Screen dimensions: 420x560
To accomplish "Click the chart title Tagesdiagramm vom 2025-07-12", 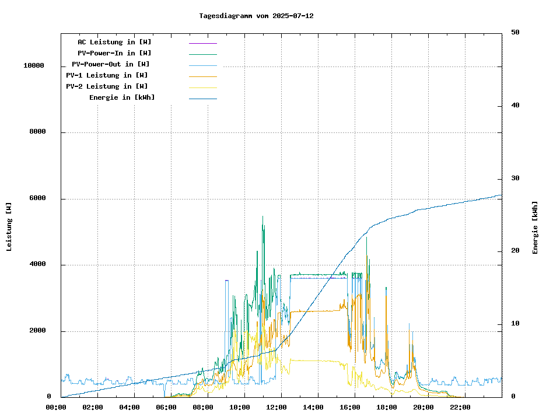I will pos(256,16).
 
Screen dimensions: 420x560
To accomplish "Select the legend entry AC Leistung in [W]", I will pos(114,42).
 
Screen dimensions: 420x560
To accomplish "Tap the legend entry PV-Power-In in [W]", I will pos(114,53).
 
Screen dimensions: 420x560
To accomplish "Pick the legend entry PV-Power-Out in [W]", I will pos(111,64).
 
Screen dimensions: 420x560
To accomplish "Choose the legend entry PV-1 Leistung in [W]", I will pos(107,75).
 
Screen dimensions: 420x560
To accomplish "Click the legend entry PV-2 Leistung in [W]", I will pos(107,86).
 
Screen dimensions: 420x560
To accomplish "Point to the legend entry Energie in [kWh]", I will pos(122,97).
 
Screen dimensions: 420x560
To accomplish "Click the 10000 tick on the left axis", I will pos(34,66).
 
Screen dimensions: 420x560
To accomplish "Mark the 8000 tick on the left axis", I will pos(38,132).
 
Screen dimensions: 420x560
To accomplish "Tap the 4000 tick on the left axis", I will pos(38,265).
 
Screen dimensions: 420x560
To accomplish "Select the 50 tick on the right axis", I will pos(515,33).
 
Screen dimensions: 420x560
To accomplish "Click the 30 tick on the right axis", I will pos(515,178).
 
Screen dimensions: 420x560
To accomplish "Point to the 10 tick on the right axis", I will pos(515,324).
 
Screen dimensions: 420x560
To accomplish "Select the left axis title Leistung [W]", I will pos(9,226).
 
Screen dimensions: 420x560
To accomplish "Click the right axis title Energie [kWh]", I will pos(535,228).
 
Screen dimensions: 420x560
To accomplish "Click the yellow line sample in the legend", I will pos(202,87).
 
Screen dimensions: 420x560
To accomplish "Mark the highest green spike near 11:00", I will pos(262,216).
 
